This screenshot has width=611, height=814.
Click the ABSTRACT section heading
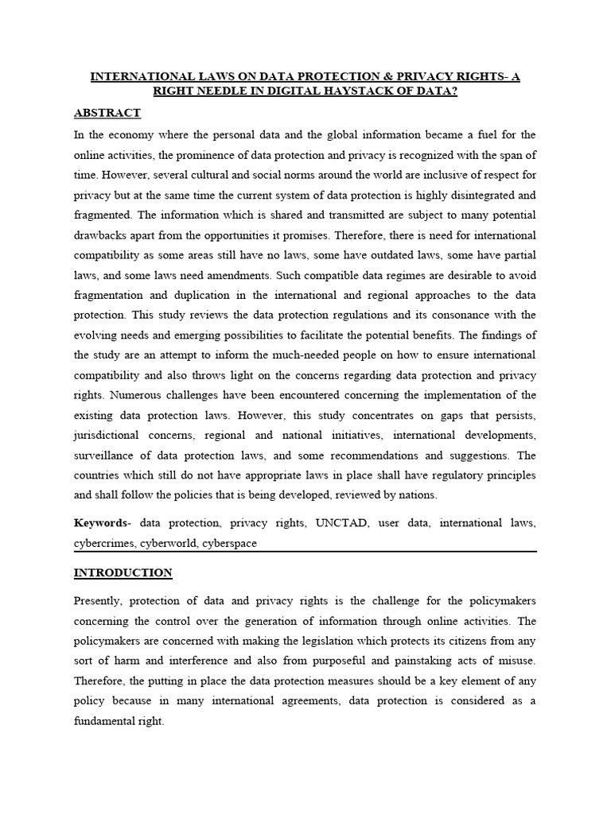pyautogui.click(x=107, y=113)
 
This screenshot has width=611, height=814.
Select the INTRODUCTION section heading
pyautogui.click(x=123, y=572)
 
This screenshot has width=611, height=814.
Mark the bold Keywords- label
pyautogui.click(x=103, y=523)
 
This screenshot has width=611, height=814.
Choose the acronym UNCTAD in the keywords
pyautogui.click(x=343, y=523)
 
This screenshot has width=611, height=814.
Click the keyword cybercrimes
pyautogui.click(x=104, y=544)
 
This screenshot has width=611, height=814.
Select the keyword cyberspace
pyautogui.click(x=232, y=544)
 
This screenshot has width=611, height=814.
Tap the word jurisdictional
pyautogui.click(x=106, y=436)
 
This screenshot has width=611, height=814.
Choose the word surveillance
pyautogui.click(x=105, y=455)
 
